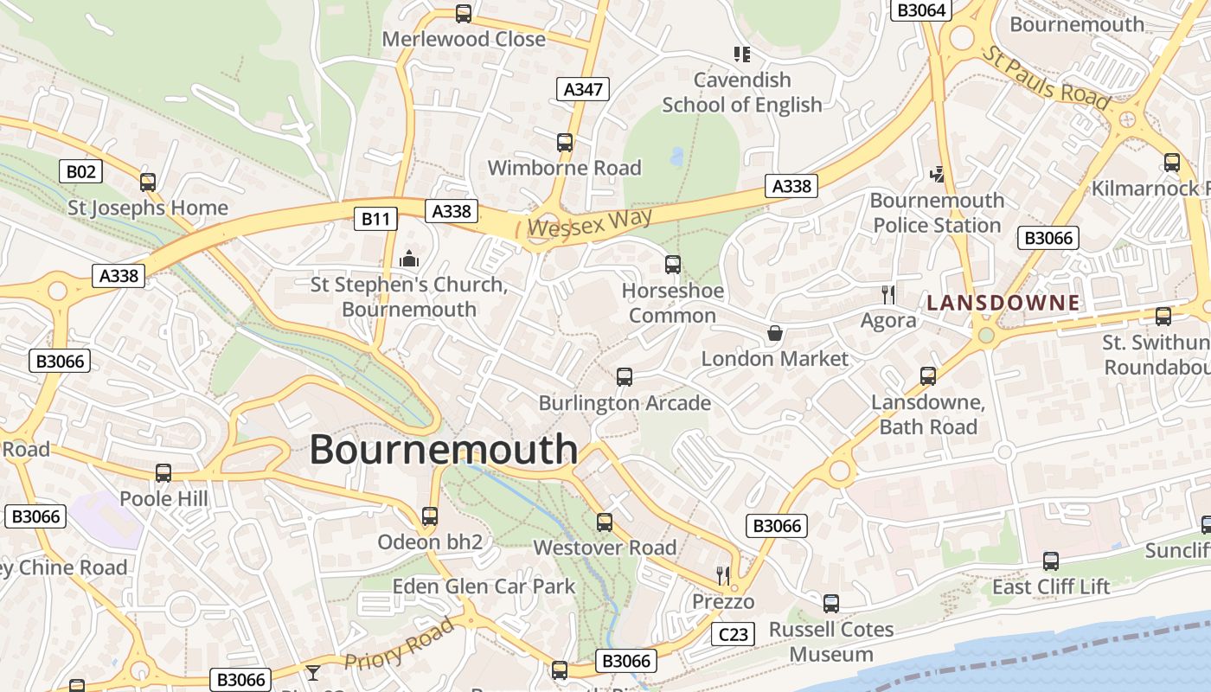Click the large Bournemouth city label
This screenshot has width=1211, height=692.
coord(443,450)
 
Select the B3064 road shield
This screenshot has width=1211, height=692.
coord(921,10)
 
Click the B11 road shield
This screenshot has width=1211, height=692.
coord(375,219)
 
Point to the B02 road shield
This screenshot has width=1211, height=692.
coord(80,171)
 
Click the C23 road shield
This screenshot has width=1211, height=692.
coord(733,635)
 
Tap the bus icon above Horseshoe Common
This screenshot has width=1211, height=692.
coord(672,265)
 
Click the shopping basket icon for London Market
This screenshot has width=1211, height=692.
coord(775,333)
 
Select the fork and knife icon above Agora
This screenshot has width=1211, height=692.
coord(888,295)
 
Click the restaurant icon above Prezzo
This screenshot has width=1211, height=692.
coord(723,575)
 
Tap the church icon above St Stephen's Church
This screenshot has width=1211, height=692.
coord(408,259)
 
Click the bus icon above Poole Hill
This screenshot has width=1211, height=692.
coord(163,473)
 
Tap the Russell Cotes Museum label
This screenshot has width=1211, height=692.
coord(830,642)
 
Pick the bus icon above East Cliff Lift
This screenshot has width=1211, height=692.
coord(1050,561)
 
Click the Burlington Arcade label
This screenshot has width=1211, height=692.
coord(625,403)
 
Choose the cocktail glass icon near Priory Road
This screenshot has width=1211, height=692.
coord(312,672)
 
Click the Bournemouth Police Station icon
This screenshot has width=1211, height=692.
coord(937,175)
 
